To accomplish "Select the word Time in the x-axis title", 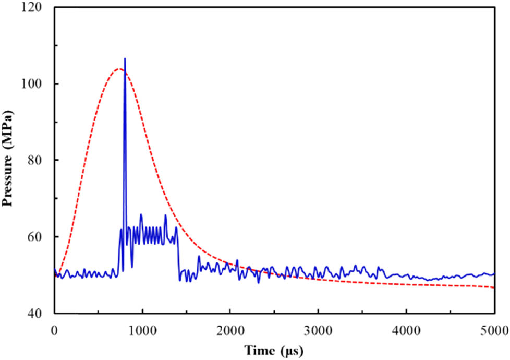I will tap(259, 349).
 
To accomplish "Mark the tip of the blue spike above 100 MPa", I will tap(125, 58).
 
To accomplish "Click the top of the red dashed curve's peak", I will tap(119, 68).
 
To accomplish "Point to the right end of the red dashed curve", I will tap(494, 287).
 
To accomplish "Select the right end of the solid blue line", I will tap(494, 273).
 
